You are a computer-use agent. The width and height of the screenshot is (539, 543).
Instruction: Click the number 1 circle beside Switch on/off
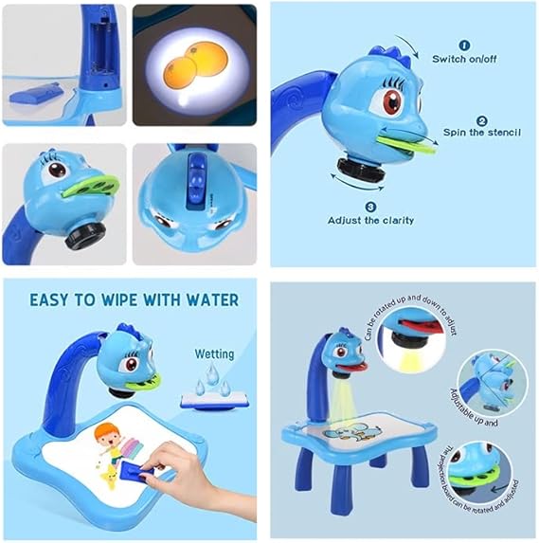[x=464, y=44]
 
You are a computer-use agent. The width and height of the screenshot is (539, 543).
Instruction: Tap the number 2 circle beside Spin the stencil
[x=481, y=120]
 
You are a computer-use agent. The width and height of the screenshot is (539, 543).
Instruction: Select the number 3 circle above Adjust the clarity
[x=370, y=206]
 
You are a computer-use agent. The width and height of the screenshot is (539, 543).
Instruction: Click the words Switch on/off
[x=464, y=59]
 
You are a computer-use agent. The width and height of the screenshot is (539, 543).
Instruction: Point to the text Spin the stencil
[x=481, y=133]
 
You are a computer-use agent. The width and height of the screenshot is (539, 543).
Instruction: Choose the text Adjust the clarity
[x=370, y=220]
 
